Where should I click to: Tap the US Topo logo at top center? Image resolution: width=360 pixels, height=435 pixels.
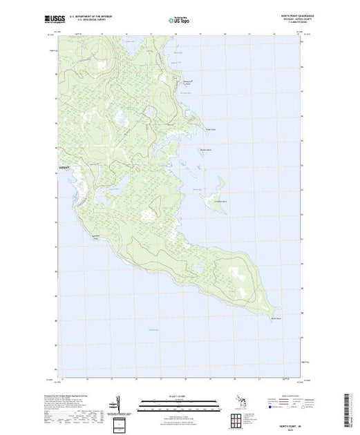[179, 20]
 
